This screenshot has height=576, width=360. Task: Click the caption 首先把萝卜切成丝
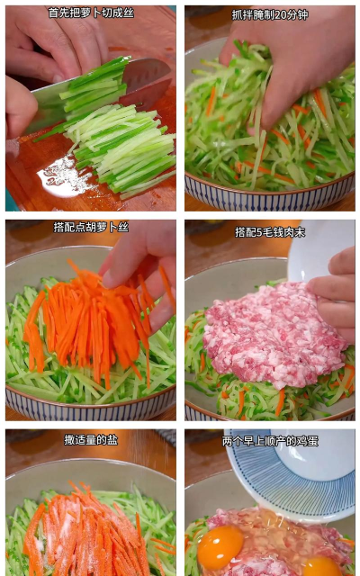91,13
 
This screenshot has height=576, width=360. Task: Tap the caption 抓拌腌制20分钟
270,14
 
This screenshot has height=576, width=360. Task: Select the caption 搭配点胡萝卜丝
91,228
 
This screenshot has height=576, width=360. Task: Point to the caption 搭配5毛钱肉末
270,232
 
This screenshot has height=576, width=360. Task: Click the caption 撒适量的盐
91,440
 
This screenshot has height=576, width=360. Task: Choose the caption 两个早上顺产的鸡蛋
270,441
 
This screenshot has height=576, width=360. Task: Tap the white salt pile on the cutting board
66,176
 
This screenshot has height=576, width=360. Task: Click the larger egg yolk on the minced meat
220,546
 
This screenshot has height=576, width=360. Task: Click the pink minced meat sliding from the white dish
274,334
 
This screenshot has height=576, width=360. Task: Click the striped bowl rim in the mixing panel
270,189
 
